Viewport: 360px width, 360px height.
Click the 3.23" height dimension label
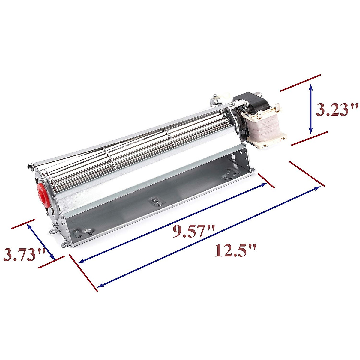coord(337,110)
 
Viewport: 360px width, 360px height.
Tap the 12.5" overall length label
coord(235,250)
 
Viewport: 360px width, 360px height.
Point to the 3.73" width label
coord(24,255)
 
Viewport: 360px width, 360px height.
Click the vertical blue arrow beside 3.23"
coord(311,109)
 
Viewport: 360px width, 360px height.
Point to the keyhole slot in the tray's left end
coord(88,232)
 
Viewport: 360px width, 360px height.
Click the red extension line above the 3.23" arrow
coord(301,82)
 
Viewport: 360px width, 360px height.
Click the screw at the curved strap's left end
coord(30,164)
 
